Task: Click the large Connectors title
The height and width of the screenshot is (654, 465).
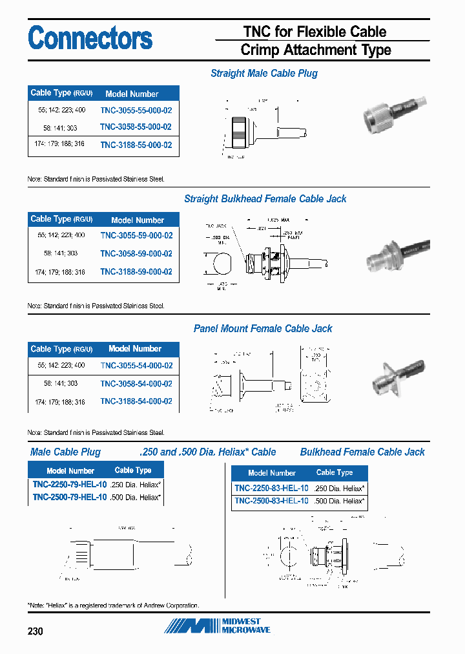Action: click(x=90, y=38)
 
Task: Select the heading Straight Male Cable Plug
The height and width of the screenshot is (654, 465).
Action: click(x=264, y=74)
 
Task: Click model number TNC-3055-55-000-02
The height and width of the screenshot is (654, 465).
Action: click(x=136, y=110)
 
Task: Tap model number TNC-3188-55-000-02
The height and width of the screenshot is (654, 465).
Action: click(x=136, y=145)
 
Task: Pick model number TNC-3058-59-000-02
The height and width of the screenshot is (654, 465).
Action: click(x=136, y=254)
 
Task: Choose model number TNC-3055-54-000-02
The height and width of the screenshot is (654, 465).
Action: click(x=136, y=366)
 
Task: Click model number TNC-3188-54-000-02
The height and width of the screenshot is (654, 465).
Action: click(x=136, y=401)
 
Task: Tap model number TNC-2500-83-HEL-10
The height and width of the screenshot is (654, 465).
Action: click(x=271, y=501)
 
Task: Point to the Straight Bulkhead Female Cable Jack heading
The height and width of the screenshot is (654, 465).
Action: click(x=265, y=199)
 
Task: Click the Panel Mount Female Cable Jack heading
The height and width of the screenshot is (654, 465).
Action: click(x=263, y=329)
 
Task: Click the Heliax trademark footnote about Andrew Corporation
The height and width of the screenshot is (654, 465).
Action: click(x=114, y=606)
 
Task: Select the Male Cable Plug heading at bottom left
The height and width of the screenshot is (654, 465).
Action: click(x=65, y=452)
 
